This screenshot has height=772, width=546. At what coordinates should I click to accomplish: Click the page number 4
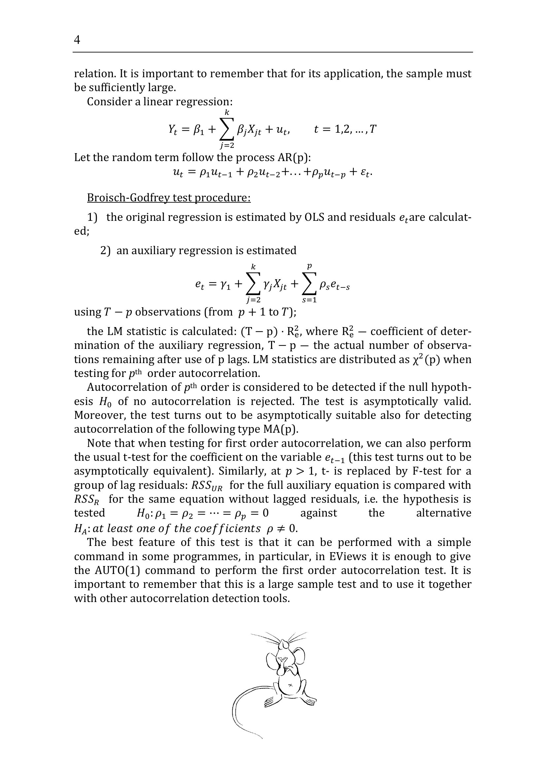pos(77,40)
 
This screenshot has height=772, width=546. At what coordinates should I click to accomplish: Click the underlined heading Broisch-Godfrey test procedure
pos(169,198)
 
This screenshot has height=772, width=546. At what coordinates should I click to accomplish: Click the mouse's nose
pos(285,645)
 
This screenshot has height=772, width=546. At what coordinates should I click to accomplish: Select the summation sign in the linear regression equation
pos(226,130)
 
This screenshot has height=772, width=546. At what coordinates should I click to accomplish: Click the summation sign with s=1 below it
pos(309,285)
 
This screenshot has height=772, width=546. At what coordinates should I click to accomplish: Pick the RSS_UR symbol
pos(207,486)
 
